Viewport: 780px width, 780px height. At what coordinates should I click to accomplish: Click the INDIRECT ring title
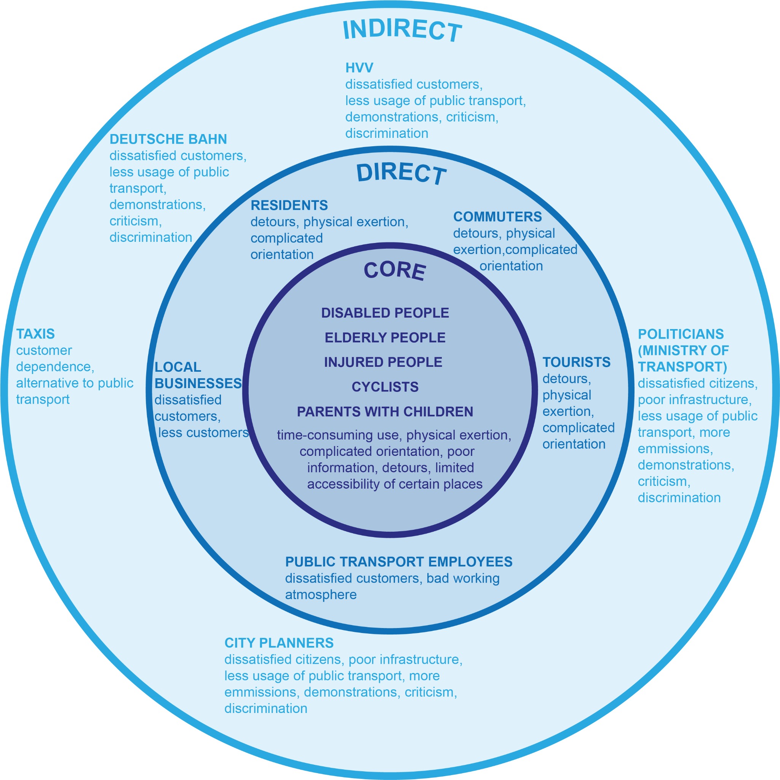pyautogui.click(x=402, y=30)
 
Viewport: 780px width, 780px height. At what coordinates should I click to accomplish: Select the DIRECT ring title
pyautogui.click(x=401, y=174)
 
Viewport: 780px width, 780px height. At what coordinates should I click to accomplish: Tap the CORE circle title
pyautogui.click(x=395, y=270)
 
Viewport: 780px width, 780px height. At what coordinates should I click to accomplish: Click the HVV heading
pyautogui.click(x=359, y=68)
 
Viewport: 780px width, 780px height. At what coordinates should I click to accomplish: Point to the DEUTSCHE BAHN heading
pyautogui.click(x=168, y=139)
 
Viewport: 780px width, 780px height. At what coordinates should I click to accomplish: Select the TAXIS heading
pyautogui.click(x=35, y=334)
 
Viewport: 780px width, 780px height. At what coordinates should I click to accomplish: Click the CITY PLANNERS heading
pyautogui.click(x=278, y=643)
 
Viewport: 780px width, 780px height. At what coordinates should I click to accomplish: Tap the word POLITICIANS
pyautogui.click(x=681, y=334)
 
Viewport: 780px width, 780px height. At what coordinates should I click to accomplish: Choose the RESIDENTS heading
pyautogui.click(x=289, y=206)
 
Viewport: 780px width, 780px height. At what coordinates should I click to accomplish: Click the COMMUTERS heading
pyautogui.click(x=497, y=217)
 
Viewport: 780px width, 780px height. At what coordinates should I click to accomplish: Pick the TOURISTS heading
pyautogui.click(x=576, y=362)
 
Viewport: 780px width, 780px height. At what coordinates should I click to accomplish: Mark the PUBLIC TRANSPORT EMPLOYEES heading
pyautogui.click(x=398, y=562)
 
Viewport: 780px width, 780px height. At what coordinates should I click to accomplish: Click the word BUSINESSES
pyautogui.click(x=198, y=383)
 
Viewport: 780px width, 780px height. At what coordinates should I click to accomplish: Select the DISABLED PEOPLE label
pyautogui.click(x=385, y=313)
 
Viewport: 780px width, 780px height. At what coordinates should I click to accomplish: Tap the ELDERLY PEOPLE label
pyautogui.click(x=385, y=337)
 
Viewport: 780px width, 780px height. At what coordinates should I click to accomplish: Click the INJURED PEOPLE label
pyautogui.click(x=383, y=362)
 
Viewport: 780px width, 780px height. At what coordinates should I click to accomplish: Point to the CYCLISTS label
pyautogui.click(x=385, y=387)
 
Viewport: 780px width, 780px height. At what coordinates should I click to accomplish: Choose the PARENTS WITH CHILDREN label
pyautogui.click(x=385, y=411)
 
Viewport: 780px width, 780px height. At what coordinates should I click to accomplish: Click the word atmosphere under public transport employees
pyautogui.click(x=321, y=595)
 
